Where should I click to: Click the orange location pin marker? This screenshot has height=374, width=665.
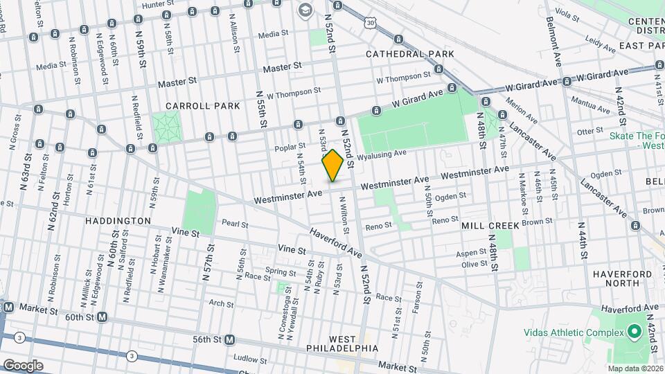click(x=332, y=166)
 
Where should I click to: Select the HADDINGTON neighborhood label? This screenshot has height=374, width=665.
click(x=118, y=221)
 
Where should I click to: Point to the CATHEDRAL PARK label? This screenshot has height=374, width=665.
click(x=410, y=53)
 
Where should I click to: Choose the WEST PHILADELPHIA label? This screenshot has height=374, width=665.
click(x=353, y=343)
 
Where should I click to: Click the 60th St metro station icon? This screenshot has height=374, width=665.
click(x=102, y=317)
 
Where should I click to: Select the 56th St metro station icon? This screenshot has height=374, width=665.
click(x=229, y=339)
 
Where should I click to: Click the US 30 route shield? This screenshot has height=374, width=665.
click(x=372, y=24)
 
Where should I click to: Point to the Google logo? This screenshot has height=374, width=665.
click(x=23, y=365)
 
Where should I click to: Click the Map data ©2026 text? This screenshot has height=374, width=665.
click(x=635, y=368)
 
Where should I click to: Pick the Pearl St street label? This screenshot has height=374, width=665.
click(x=235, y=223)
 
